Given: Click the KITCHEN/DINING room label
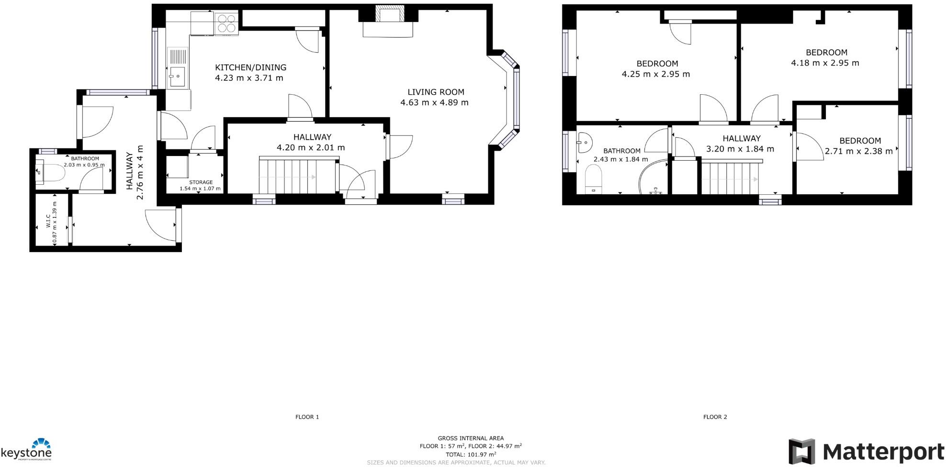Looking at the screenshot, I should [x=250, y=67].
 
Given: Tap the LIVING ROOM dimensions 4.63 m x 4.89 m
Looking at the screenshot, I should [x=434, y=102].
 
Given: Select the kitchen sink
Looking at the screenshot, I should [x=177, y=75].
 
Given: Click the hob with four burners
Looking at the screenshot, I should [x=227, y=22].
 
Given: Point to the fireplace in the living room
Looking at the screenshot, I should [x=388, y=22].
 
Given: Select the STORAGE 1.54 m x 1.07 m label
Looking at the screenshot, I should [x=201, y=186].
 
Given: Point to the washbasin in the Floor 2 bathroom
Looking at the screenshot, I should [x=584, y=141].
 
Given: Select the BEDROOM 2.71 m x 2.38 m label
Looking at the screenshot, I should [x=859, y=146].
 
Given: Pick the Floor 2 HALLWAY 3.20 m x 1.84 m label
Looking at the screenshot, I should [x=741, y=144].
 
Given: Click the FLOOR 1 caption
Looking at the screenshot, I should [x=307, y=417].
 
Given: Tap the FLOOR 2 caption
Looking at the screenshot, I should [x=715, y=417].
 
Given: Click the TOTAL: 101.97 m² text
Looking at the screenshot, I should [x=471, y=455].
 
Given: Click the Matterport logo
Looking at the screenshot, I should [x=866, y=451].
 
